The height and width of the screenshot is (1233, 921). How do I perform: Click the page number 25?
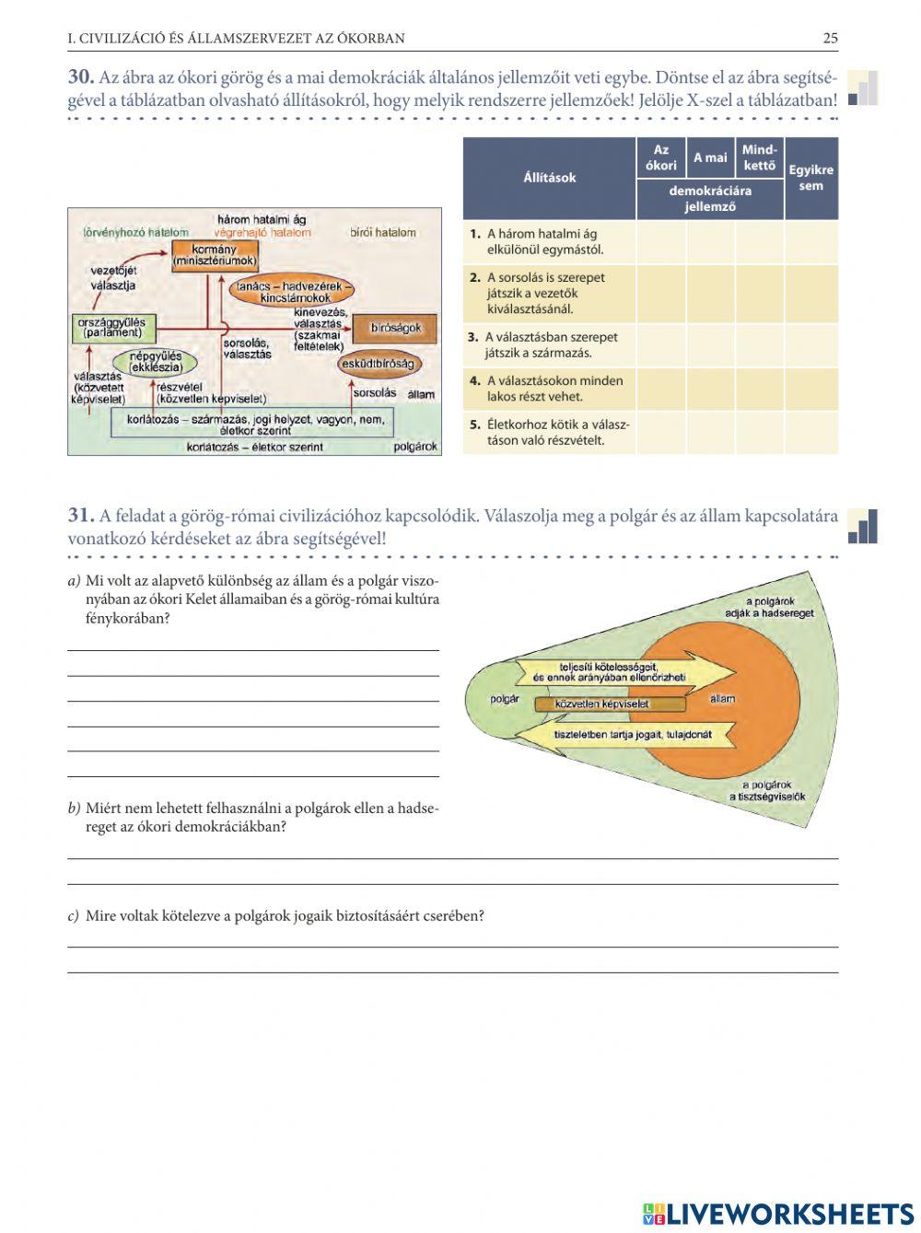(x=830, y=39)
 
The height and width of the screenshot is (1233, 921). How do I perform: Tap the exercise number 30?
(x=80, y=77)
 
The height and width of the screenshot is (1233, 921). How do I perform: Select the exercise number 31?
(x=80, y=516)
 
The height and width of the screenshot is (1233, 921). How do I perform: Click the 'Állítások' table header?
(x=549, y=178)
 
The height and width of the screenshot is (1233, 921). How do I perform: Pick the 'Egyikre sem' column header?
(x=810, y=178)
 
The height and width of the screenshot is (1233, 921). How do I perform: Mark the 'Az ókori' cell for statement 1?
(x=660, y=242)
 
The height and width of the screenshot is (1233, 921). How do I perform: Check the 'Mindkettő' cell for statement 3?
(x=759, y=345)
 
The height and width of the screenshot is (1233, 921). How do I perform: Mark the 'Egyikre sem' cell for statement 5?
(x=810, y=433)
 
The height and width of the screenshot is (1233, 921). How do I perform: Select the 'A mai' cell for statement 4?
(x=710, y=389)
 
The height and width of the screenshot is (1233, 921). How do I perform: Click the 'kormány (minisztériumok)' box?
(x=215, y=255)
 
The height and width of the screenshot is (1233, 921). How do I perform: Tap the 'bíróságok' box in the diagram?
(x=396, y=328)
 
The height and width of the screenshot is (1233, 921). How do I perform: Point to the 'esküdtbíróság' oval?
(x=380, y=364)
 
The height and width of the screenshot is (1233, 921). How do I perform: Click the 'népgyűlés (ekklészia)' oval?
(x=155, y=362)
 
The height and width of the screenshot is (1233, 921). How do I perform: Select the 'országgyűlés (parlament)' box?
(x=113, y=328)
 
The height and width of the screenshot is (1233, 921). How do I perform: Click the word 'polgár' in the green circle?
(x=505, y=699)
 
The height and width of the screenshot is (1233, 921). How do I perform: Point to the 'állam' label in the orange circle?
(x=723, y=699)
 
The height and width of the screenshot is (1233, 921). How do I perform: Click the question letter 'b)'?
(x=74, y=808)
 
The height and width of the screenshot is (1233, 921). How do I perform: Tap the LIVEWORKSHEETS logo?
(x=778, y=1214)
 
